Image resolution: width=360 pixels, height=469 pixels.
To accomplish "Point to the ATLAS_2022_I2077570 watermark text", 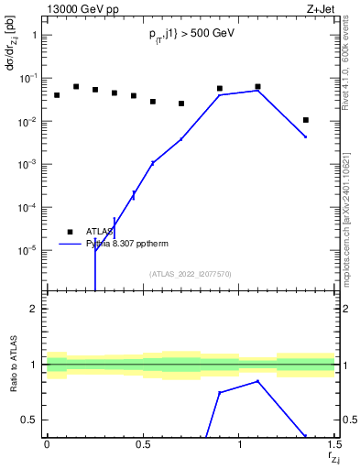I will click(190, 273).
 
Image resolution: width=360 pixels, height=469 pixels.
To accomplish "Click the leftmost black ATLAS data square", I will click(57, 95).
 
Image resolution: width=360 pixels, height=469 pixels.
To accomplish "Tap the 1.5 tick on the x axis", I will click(334, 445).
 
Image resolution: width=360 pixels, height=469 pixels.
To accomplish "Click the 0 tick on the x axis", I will click(46, 445).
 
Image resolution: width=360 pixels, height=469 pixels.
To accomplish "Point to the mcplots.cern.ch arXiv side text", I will click(352, 211).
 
